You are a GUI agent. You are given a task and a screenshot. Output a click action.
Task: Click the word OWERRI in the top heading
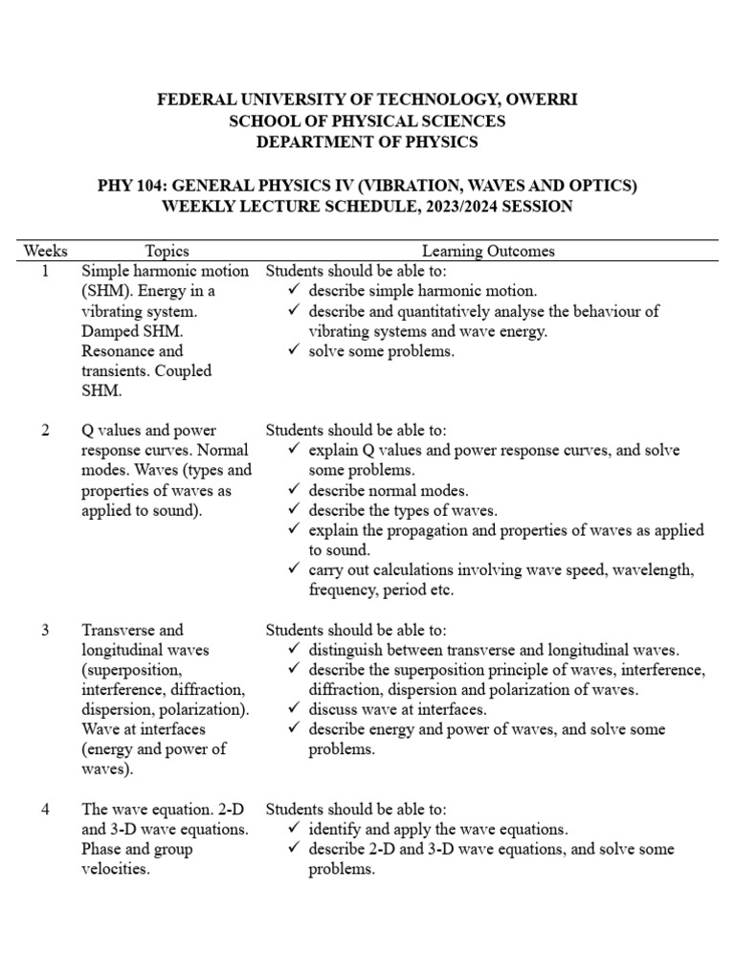pyautogui.click(x=536, y=100)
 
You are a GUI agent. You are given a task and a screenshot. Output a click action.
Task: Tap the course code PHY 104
pyautogui.click(x=131, y=186)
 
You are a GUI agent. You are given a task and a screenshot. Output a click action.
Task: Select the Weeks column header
pyautogui.click(x=45, y=252)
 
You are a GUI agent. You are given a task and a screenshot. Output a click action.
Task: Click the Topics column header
pyautogui.click(x=167, y=252)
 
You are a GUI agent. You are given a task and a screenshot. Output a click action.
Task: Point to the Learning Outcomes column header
pyautogui.click(x=488, y=252)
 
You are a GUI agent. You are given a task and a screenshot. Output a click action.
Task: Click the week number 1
pyautogui.click(x=45, y=271)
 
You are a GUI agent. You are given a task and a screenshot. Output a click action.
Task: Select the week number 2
pyautogui.click(x=45, y=431)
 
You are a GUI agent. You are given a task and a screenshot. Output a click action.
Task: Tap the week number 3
pyautogui.click(x=45, y=630)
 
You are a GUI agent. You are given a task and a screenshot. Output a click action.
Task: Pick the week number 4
pyautogui.click(x=45, y=809)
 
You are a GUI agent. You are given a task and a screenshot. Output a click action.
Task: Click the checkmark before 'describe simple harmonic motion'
pyautogui.click(x=294, y=291)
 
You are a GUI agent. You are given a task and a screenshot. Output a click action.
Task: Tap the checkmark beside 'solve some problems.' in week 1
pyautogui.click(x=294, y=351)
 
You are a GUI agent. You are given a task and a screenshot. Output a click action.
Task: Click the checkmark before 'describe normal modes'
pyautogui.click(x=294, y=490)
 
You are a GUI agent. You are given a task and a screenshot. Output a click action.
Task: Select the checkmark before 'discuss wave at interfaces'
pyautogui.click(x=294, y=709)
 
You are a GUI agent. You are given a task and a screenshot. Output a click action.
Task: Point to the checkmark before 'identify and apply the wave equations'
pyautogui.click(x=294, y=829)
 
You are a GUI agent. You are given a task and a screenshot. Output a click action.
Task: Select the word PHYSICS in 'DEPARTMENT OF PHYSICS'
pyautogui.click(x=431, y=143)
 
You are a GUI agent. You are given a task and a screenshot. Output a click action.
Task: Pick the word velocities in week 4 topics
pyautogui.click(x=116, y=869)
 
